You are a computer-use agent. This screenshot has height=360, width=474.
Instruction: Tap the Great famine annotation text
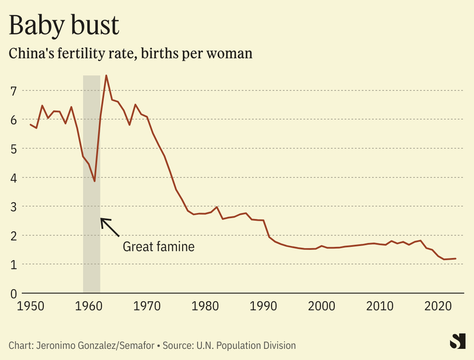(x=158, y=246)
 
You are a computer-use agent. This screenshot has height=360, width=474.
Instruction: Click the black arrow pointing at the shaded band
(x=110, y=227)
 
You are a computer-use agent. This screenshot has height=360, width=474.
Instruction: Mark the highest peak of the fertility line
(x=106, y=75)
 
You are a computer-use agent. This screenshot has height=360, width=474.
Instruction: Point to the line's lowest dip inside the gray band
(x=94, y=181)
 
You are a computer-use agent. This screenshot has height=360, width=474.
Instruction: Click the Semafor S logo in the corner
(x=457, y=342)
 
